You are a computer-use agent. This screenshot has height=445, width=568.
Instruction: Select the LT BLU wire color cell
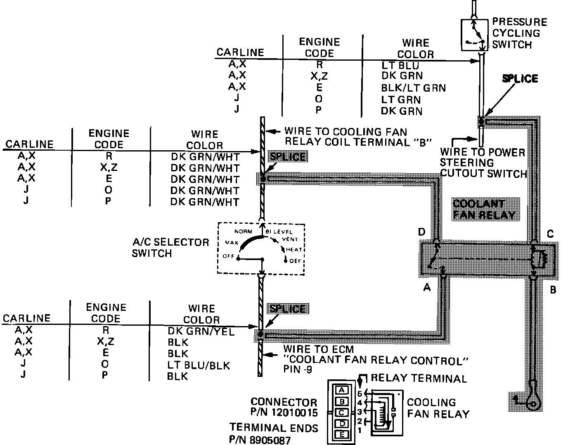tap(400, 65)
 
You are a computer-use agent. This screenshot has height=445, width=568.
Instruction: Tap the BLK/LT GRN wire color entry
tap(413, 88)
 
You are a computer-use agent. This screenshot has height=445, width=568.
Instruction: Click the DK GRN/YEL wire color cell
tap(201, 331)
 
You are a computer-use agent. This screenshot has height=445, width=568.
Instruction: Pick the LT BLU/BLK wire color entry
tap(199, 365)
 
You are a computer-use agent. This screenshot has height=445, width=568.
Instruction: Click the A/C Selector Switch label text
tap(170, 247)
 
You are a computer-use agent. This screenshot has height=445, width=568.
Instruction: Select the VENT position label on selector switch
tap(290, 239)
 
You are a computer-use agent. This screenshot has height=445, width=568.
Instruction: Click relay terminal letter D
tap(421, 232)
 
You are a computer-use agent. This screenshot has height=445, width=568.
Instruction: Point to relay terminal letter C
tap(550, 234)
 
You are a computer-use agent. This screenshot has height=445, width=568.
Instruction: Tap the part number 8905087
tap(270, 440)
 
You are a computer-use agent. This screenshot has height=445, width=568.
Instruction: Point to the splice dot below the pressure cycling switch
tap(481, 121)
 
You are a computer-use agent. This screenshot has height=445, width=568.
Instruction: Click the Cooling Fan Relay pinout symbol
tap(386, 412)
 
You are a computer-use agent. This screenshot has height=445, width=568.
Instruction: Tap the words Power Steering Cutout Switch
tap(483, 163)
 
